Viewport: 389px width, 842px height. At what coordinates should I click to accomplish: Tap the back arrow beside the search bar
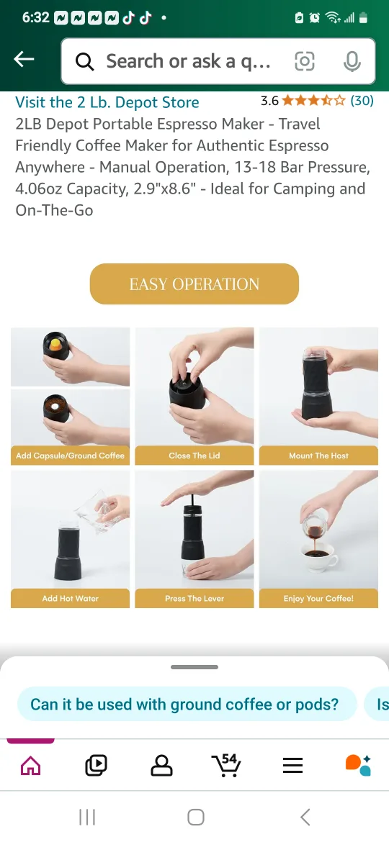coord(24,60)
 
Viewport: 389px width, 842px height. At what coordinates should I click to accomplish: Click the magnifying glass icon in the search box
coord(85,62)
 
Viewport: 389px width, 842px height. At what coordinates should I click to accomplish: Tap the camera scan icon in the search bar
coord(305,62)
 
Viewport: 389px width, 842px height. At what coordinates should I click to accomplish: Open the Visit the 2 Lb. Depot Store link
coord(107,102)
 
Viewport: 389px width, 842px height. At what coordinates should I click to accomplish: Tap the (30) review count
coord(362,101)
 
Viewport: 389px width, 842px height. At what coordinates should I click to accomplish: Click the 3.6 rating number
coord(269,101)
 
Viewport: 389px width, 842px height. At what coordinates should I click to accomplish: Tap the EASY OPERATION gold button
coord(194,284)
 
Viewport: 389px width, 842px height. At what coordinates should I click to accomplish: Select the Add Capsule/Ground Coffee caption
coord(70,456)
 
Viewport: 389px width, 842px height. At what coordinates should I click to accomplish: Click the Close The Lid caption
coord(194,456)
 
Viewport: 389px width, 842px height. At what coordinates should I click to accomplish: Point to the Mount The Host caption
coord(318,456)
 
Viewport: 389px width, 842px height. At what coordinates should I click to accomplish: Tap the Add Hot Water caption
coord(70,598)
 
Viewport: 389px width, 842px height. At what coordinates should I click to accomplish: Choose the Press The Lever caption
coord(194,598)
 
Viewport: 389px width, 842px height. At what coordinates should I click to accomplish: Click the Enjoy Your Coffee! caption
coord(318,598)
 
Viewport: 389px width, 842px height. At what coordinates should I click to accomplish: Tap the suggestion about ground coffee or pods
coord(184,704)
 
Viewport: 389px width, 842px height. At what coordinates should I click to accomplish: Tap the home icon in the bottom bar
coord(30,766)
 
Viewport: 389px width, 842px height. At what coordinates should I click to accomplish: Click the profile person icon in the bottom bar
coord(161,766)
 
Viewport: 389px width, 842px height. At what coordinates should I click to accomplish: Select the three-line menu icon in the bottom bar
coord(292,766)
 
